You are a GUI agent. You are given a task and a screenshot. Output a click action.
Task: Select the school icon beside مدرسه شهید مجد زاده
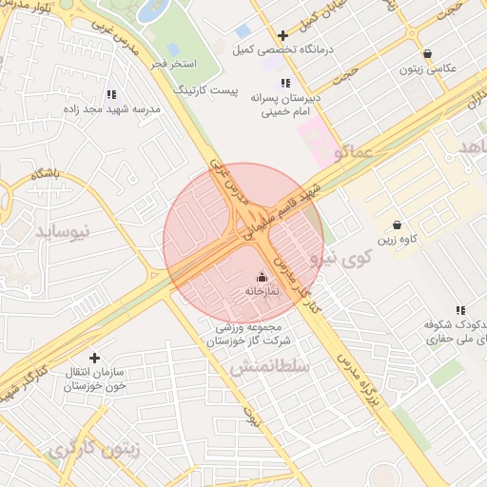[x=111, y=94]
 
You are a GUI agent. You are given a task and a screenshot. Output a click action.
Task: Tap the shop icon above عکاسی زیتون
[x=427, y=54]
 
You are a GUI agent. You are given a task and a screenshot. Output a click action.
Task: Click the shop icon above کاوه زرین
[x=398, y=225]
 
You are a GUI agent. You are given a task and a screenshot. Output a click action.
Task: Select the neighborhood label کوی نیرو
[x=340, y=258]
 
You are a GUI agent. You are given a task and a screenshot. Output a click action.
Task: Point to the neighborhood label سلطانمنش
[x=270, y=366]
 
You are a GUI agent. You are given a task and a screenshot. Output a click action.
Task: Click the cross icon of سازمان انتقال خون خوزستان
[x=94, y=359]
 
